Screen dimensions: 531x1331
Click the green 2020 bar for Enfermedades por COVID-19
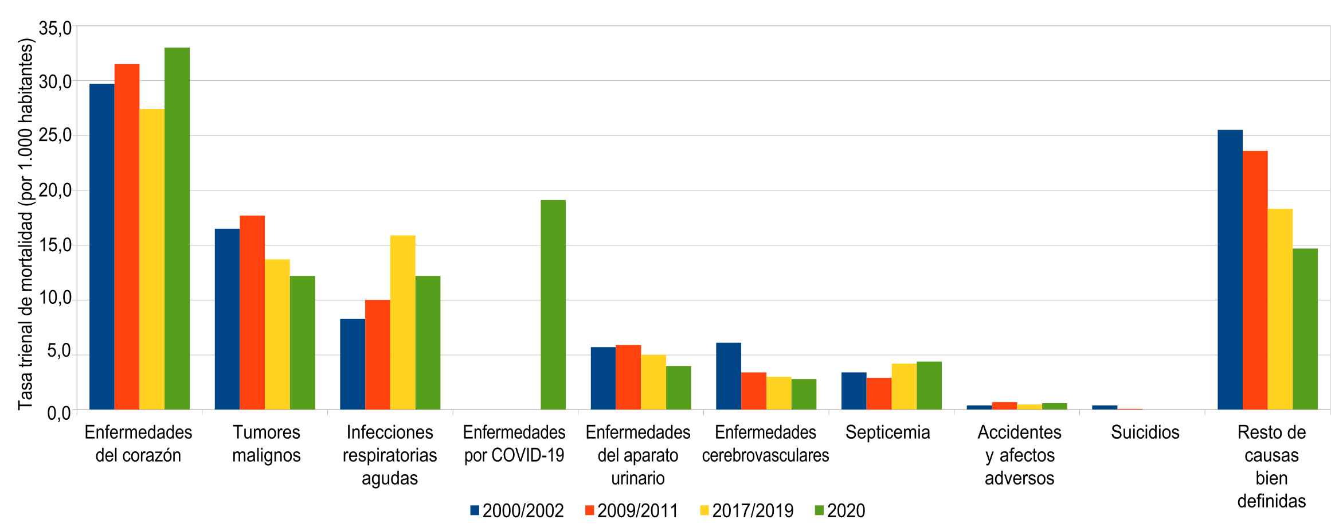coord(553,304)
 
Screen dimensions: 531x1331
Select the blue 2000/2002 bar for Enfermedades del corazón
coord(102,247)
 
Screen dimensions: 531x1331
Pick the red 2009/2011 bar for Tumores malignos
coord(252,313)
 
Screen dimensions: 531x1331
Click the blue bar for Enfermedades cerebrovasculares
coord(728,376)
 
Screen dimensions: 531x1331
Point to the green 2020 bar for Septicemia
coord(929,385)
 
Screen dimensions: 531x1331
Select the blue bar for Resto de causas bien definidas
coord(1230,270)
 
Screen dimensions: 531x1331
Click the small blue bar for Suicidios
coord(1104,407)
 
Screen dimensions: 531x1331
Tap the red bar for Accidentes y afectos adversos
coord(1004,405)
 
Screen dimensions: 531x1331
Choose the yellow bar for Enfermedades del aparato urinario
coord(653,382)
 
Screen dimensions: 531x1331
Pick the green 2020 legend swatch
coord(819,510)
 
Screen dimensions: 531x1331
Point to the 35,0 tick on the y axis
coord(55,28)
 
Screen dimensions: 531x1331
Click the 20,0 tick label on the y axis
coord(55,190)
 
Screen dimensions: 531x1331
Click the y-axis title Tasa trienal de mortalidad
coord(25,224)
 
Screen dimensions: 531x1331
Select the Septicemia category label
coord(887,432)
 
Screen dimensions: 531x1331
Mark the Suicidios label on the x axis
coord(1145,432)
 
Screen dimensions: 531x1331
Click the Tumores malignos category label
coord(266,443)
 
